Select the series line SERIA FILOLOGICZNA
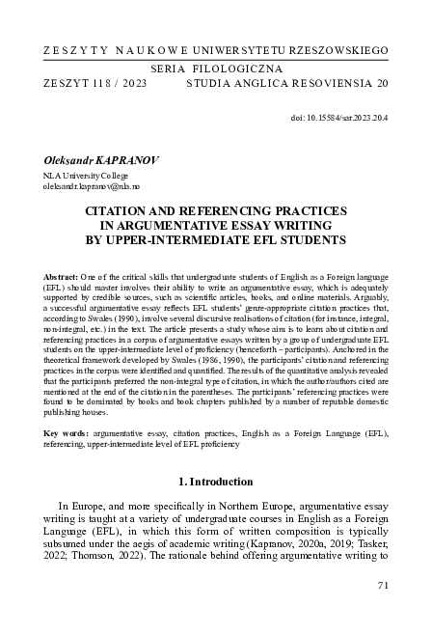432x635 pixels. coord(217,69)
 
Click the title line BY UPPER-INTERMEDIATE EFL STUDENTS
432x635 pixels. coord(216,238)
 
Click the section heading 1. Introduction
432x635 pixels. coord(216,480)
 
